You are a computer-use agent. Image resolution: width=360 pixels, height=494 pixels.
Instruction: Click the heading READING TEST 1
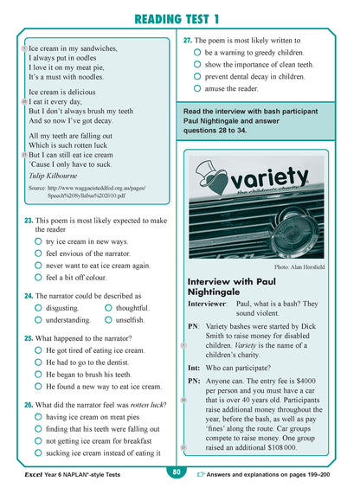[179, 17]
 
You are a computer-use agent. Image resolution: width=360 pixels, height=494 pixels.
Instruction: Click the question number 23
[29, 221]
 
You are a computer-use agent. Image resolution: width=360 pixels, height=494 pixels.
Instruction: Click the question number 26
[29, 405]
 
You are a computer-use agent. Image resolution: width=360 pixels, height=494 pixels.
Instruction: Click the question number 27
[187, 40]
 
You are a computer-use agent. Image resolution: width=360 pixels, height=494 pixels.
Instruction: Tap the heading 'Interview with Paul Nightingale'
[229, 287]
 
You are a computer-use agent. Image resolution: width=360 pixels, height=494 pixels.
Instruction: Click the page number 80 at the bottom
[176, 472]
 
